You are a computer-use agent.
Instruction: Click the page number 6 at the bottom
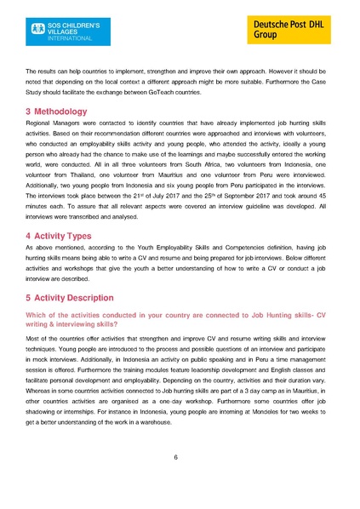175,458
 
